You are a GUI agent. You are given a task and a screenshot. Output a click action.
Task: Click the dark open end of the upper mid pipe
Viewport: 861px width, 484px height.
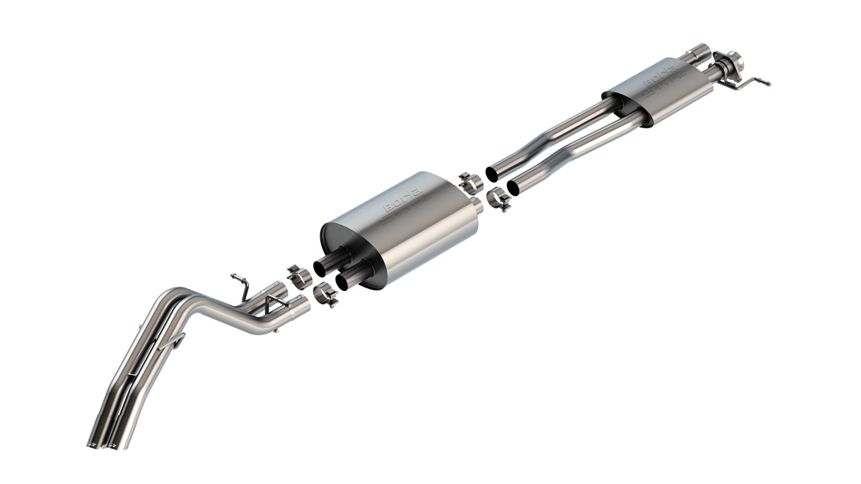(x=492, y=174)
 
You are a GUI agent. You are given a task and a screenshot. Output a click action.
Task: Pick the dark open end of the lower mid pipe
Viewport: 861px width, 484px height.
(x=513, y=188)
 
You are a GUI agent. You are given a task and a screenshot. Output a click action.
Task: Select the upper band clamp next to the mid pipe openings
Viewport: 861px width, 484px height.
(x=470, y=182)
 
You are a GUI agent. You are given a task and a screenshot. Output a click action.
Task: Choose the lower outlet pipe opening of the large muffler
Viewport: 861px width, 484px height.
(x=342, y=282)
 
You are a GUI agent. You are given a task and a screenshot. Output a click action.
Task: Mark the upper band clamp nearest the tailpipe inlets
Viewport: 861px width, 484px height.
(x=299, y=277)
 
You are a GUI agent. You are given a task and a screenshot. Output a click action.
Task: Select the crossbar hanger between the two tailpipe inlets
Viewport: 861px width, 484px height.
(x=276, y=303)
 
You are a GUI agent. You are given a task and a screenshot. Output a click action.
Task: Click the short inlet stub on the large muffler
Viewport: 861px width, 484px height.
(x=477, y=205)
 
